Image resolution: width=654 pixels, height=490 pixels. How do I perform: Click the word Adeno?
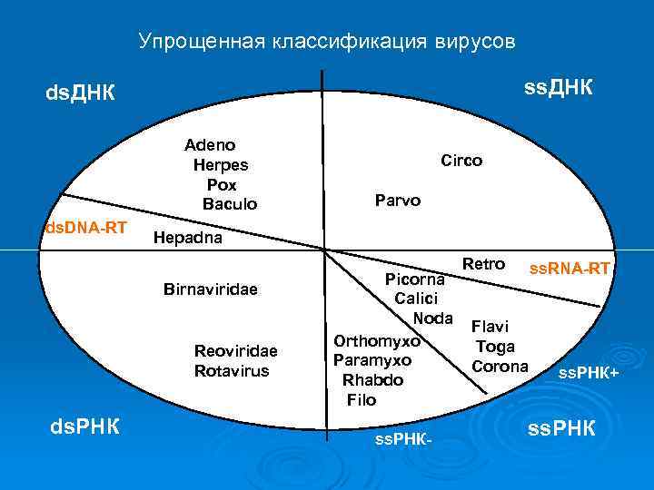pyautogui.click(x=210, y=144)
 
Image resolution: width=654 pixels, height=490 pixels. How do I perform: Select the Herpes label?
pyautogui.click(x=221, y=164)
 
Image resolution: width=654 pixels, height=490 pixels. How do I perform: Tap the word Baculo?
pyautogui.click(x=230, y=204)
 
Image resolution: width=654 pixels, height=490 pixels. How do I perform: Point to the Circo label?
pyautogui.click(x=461, y=160)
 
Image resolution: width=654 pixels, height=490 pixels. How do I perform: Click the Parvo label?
pyautogui.click(x=398, y=200)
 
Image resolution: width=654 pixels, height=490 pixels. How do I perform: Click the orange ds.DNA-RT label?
pyautogui.click(x=86, y=226)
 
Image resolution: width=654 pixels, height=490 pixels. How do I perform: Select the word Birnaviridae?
pyautogui.click(x=211, y=289)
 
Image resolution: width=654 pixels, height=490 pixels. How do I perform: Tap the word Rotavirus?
pyautogui.click(x=232, y=370)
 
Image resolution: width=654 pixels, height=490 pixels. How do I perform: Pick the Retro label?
pyautogui.click(x=483, y=264)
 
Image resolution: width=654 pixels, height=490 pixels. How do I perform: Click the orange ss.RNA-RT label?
pyautogui.click(x=570, y=268)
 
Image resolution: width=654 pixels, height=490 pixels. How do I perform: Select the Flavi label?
pyautogui.click(x=490, y=326)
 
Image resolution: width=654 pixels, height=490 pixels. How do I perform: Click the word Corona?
pyautogui.click(x=500, y=366)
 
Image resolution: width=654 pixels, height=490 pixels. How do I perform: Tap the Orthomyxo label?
pyautogui.click(x=377, y=341)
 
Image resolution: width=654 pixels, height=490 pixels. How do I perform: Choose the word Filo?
pyautogui.click(x=361, y=399)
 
